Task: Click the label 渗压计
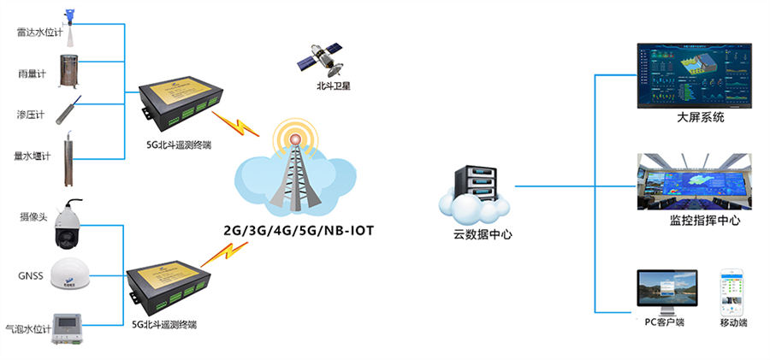[x=31, y=115]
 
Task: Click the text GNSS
[x=30, y=275]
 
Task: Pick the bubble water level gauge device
[x=71, y=326]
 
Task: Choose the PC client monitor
[x=666, y=292]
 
